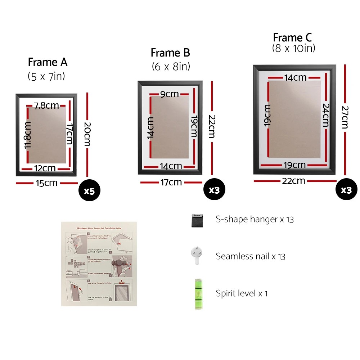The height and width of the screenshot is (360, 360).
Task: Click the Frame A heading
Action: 48,62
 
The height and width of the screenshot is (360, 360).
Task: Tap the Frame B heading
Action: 170,53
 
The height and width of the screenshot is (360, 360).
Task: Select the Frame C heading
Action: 292,37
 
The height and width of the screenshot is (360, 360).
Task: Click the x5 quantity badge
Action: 89,191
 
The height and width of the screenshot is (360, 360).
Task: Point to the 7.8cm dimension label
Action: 46,105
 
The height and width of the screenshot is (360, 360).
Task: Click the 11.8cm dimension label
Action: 28,135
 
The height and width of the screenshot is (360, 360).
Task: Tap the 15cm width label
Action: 46,183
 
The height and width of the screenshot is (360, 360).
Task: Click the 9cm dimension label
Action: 170,94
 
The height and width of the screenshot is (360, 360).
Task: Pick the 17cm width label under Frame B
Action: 171,183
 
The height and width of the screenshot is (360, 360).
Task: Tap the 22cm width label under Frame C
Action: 294,181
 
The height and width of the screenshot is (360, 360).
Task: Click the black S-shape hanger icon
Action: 197,220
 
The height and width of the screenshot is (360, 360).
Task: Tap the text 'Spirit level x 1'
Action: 242,293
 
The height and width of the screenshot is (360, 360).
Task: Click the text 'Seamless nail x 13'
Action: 251,256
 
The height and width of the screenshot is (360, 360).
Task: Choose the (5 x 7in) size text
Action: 46,76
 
